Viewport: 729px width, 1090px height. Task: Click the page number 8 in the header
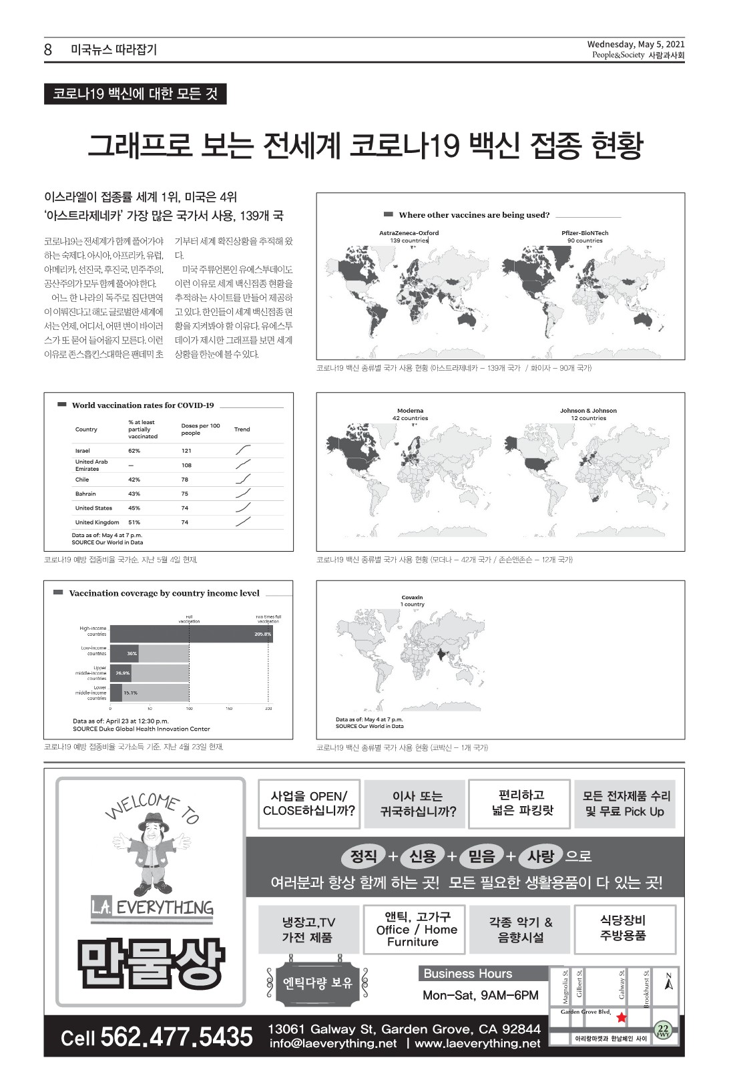pyautogui.click(x=48, y=49)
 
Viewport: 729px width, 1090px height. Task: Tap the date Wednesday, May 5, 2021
pyautogui.click(x=636, y=45)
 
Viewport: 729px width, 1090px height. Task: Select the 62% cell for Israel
pyautogui.click(x=134, y=451)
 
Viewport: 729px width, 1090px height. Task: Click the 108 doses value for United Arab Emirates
pyautogui.click(x=186, y=465)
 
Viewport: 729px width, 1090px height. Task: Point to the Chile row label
pyautogui.click(x=82, y=480)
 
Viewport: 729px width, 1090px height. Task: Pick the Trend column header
pyautogui.click(x=242, y=429)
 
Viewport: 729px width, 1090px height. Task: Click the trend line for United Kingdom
pyautogui.click(x=244, y=522)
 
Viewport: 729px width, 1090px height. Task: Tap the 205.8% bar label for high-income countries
pyautogui.click(x=262, y=634)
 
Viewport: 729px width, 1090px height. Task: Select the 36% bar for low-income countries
pyautogui.click(x=132, y=653)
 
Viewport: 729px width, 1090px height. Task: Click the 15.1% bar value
pyautogui.click(x=130, y=693)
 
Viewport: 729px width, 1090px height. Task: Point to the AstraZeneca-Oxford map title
pyautogui.click(x=409, y=233)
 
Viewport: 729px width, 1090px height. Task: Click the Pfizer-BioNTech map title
pyautogui.click(x=585, y=233)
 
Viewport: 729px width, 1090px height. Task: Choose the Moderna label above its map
pyautogui.click(x=410, y=411)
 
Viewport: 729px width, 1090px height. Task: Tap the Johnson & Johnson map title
pyautogui.click(x=588, y=411)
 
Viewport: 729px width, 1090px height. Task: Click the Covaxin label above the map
pyautogui.click(x=412, y=598)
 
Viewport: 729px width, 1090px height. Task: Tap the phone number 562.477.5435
pyautogui.click(x=176, y=1037)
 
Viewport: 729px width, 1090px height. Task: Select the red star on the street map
pyautogui.click(x=622, y=1018)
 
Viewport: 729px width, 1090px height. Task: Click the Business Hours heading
pyautogui.click(x=468, y=974)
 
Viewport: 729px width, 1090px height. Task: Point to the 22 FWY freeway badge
pyautogui.click(x=663, y=1031)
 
